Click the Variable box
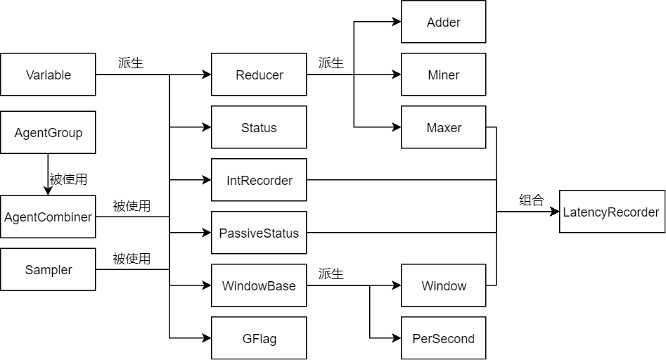48,75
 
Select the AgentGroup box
48,133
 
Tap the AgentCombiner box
48,217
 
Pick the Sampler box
48,269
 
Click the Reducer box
259,75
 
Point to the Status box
259,127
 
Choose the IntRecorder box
259,180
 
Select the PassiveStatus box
259,233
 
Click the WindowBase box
259,285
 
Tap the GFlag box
259,338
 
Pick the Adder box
443,22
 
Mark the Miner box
443,75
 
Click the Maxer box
443,127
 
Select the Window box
443,285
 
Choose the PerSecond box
443,338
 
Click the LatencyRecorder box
611,212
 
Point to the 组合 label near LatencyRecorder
531,200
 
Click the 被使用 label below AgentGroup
68,179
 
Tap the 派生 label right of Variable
130,63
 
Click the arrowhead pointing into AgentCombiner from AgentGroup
48,191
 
